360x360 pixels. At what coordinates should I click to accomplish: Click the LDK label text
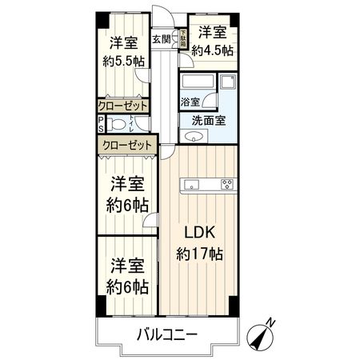(199, 234)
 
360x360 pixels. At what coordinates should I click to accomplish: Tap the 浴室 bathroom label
(190, 102)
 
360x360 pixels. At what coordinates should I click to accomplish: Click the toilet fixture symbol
(118, 123)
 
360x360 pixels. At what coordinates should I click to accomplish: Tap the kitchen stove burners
(227, 185)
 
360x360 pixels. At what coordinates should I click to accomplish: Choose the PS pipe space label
(100, 123)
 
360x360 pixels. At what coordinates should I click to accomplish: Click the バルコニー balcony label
(166, 334)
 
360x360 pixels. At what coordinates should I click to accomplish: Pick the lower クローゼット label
(126, 144)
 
